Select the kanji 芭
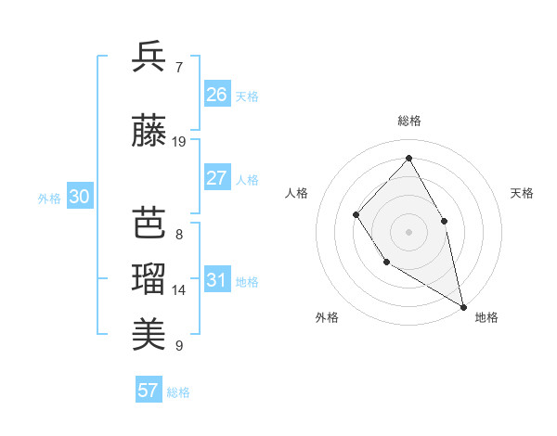point(149,223)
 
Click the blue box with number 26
point(217,95)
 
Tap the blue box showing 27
point(217,178)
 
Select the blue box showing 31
point(217,280)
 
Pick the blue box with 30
point(79,197)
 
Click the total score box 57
point(149,391)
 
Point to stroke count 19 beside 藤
point(179,142)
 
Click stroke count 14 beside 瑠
point(179,290)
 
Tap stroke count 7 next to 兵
point(178,68)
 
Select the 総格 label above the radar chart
point(408,121)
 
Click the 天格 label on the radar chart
point(522,193)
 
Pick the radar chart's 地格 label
point(486,317)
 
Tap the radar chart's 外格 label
point(327,317)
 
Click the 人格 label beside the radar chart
point(297,193)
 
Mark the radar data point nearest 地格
point(463,305)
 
